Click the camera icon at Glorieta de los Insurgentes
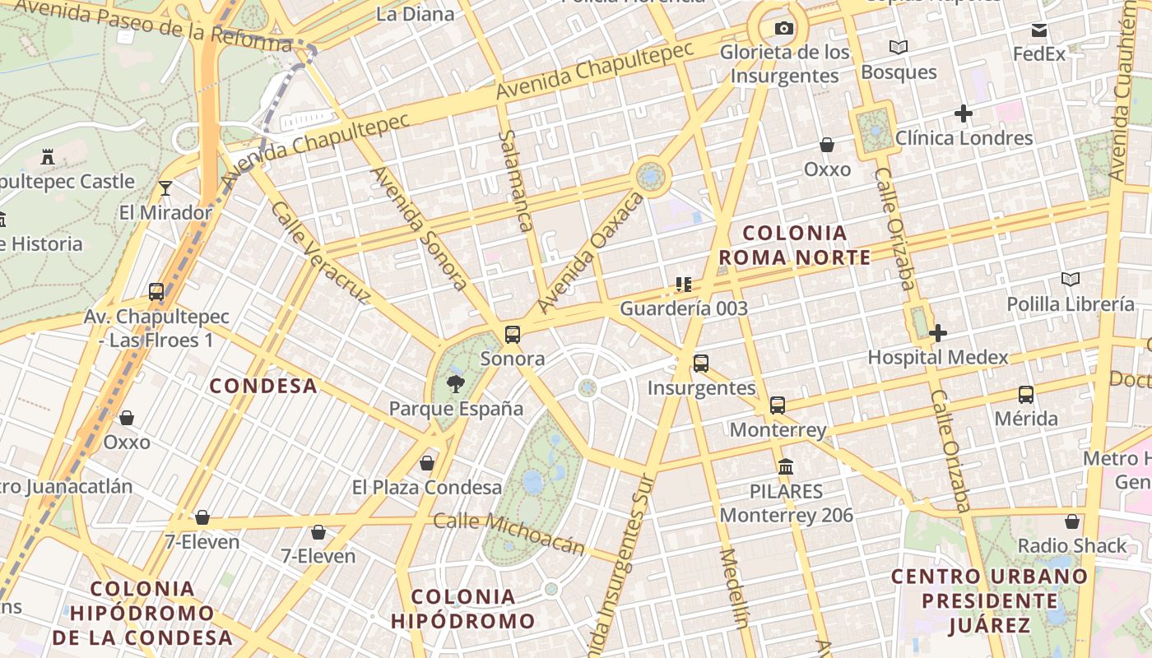click(784, 29)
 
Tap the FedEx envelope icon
click(1039, 30)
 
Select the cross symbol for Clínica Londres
click(964, 114)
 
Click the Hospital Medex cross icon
click(937, 333)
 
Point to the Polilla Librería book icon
click(1070, 280)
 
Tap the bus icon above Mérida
click(1025, 394)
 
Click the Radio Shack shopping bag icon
click(1071, 521)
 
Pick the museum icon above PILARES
click(786, 467)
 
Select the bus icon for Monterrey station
click(778, 405)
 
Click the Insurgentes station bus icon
click(701, 364)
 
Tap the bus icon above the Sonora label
click(513, 335)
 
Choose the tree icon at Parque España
click(455, 383)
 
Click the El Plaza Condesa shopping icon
click(427, 463)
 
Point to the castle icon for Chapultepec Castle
click(48, 156)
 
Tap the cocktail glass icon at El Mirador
click(165, 188)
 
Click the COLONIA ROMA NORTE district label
click(794, 245)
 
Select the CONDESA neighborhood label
click(263, 386)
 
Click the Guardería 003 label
click(684, 308)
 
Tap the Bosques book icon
click(899, 48)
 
